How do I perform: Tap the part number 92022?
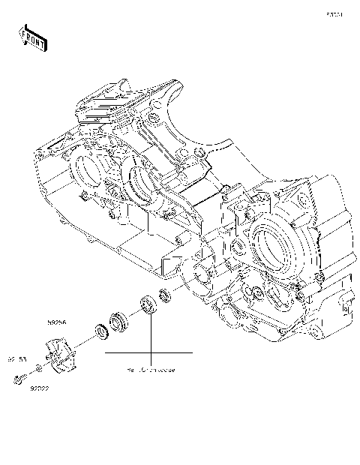[x=40, y=388]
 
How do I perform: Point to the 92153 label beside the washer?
[x=16, y=358]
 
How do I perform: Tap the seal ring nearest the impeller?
[x=99, y=329]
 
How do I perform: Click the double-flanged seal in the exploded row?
[x=121, y=320]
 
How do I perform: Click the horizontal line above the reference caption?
[x=149, y=352]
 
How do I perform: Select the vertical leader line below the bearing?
[x=150, y=334]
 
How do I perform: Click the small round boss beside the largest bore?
[x=237, y=247]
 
